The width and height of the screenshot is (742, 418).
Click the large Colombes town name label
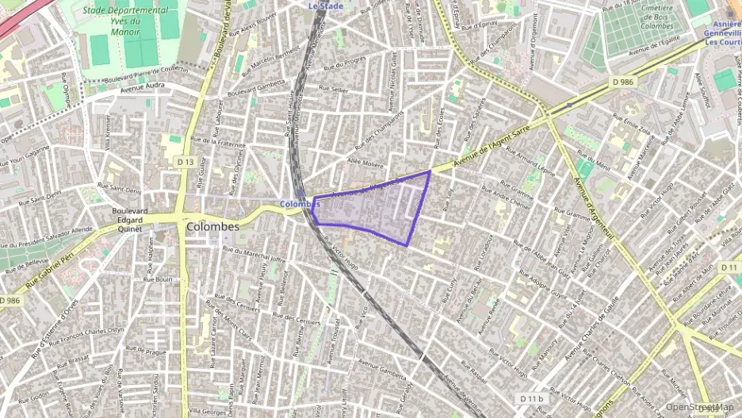[x=212, y=227]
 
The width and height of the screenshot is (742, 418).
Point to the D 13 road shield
[x=185, y=162]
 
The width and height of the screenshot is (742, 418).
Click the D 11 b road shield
[x=532, y=398]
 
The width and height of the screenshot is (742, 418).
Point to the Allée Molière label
[x=365, y=161]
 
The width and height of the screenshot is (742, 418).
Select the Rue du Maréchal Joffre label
[x=254, y=254]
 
